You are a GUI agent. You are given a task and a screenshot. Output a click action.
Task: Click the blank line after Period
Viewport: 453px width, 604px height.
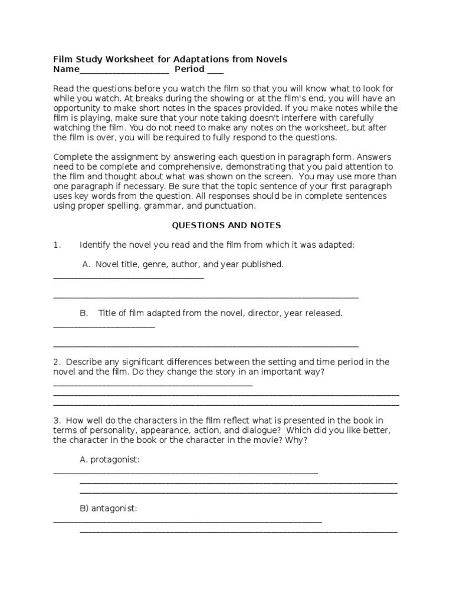coord(215,71)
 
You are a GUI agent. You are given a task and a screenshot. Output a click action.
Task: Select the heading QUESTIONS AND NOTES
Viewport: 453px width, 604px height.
coord(226,225)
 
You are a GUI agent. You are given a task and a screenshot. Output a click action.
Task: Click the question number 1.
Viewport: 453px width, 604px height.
coord(57,245)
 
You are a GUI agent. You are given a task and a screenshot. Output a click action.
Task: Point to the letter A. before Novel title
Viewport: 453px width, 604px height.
coord(86,265)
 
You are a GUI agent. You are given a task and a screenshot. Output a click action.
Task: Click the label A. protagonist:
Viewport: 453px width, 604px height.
coord(110,459)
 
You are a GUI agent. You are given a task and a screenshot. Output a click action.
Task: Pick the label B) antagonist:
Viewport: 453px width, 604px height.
coord(109,508)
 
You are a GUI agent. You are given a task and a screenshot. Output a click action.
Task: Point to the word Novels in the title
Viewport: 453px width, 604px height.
coord(271,60)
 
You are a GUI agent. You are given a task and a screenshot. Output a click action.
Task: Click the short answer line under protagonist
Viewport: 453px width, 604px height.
coord(185,472)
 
